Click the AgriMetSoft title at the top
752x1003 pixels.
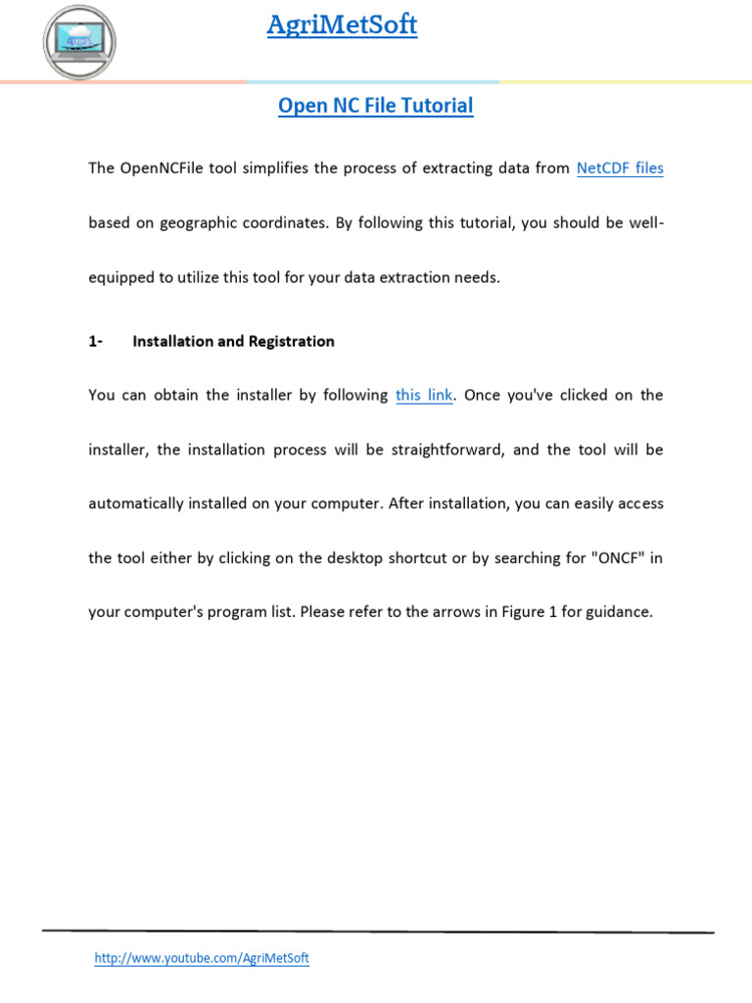[342, 25]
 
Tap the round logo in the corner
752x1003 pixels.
[79, 40]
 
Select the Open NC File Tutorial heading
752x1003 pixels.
[375, 106]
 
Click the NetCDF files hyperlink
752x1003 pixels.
[620, 168]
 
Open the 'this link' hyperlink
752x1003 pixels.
[424, 396]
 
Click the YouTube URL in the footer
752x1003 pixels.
[202, 958]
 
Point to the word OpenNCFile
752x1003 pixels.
[160, 168]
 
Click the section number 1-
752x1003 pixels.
[95, 342]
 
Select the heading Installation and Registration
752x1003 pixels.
[233, 342]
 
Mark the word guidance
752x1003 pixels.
[619, 613]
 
